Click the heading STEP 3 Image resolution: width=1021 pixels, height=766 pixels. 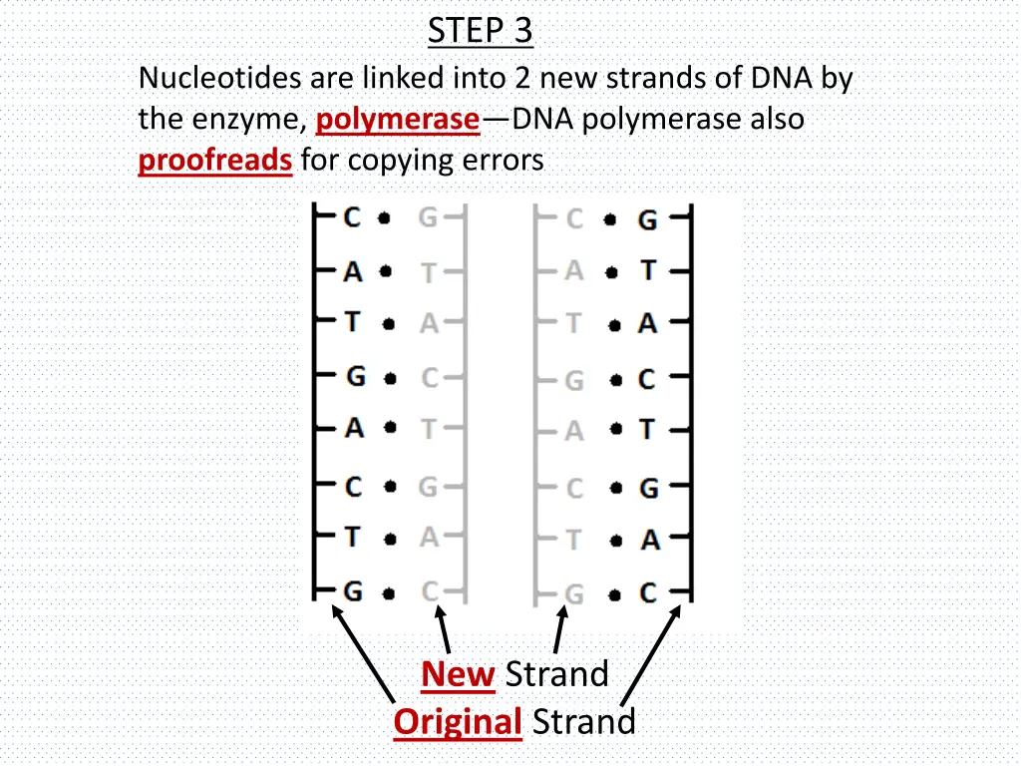click(480, 31)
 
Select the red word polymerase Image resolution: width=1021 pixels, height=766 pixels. click(397, 120)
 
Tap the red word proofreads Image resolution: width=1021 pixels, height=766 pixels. click(214, 161)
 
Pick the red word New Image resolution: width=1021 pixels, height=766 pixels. click(458, 675)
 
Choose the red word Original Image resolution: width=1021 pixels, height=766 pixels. click(458, 721)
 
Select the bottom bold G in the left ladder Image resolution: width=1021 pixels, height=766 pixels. click(353, 592)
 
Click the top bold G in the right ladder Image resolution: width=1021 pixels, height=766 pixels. click(648, 219)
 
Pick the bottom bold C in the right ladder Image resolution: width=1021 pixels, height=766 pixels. click(648, 594)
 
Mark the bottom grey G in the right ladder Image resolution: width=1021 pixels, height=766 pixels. click(573, 595)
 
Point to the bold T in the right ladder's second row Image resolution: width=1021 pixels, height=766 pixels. click(648, 270)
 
